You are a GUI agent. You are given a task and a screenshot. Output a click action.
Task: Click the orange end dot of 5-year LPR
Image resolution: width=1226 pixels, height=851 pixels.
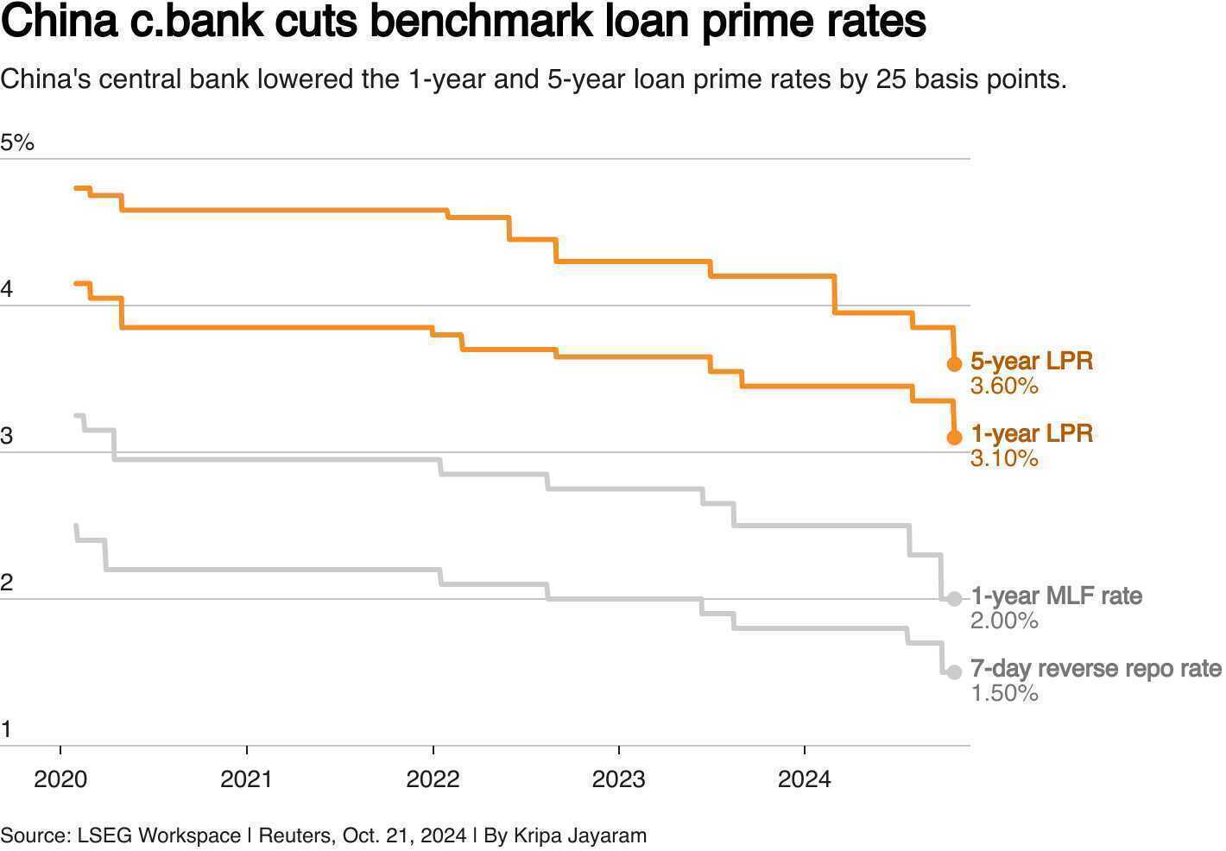click(955, 364)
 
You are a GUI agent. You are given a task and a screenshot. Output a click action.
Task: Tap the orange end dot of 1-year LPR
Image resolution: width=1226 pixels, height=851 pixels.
click(955, 438)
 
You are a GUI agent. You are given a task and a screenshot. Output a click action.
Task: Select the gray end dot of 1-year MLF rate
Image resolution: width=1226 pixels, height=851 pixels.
click(955, 599)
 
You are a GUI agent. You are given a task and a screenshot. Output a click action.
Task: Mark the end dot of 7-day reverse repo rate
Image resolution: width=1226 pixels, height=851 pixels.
click(955, 672)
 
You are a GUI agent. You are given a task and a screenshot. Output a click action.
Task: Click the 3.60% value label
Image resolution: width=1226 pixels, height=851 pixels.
click(1004, 386)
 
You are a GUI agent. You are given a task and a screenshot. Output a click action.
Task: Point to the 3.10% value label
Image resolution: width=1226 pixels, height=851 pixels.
click(1004, 458)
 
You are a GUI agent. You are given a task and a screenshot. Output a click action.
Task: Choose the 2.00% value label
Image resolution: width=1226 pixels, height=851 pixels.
click(1004, 621)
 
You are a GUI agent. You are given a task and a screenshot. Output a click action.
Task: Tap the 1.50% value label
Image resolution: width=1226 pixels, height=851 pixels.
click(1004, 693)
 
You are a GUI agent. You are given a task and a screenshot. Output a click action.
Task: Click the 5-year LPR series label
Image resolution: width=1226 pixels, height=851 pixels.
click(1032, 361)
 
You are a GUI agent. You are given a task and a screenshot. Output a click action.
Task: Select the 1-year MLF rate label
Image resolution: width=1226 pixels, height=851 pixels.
click(1057, 596)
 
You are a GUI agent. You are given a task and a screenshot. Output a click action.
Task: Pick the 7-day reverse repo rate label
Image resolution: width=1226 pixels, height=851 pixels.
click(1096, 669)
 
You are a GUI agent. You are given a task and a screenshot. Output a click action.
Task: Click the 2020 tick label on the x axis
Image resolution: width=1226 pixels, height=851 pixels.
click(60, 779)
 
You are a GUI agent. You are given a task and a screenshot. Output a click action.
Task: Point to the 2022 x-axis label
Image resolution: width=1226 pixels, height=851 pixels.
click(433, 779)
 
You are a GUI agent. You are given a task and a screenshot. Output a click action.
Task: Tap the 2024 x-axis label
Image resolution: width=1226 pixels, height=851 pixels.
click(805, 779)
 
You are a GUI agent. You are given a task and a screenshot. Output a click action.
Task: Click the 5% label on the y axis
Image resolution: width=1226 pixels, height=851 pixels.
click(17, 142)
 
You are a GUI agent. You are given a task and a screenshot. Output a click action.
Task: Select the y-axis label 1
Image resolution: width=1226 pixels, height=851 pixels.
click(6, 729)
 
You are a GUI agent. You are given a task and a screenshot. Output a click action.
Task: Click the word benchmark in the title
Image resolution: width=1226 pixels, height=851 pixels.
click(482, 21)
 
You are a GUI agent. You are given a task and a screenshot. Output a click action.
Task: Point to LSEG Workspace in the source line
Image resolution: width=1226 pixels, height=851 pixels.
click(159, 835)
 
